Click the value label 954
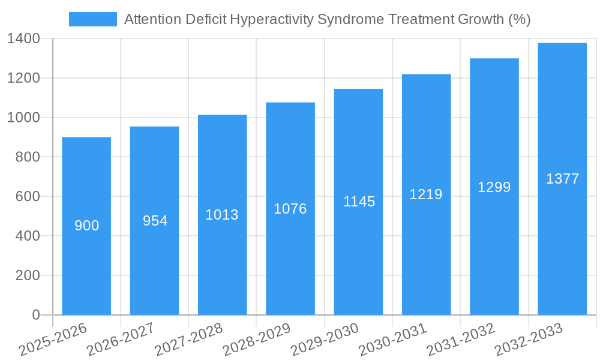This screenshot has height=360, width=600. (x=155, y=221)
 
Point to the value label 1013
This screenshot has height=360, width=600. (x=222, y=215)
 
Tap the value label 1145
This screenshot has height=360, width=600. (x=359, y=202)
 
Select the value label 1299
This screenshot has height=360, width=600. (x=494, y=187)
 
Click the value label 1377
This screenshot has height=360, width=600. (x=562, y=179)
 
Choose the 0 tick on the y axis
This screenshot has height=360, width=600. (x=35, y=315)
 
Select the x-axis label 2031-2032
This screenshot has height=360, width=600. (x=461, y=340)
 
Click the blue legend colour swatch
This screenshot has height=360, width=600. (x=93, y=19)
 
